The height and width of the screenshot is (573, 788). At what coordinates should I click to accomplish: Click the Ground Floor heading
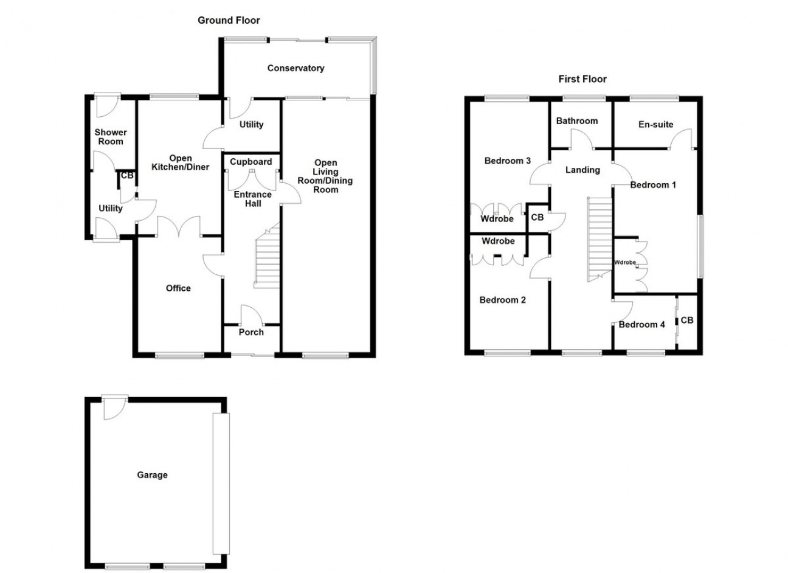pyautogui.click(x=229, y=21)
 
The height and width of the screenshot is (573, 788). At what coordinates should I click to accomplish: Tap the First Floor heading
pyautogui.click(x=582, y=79)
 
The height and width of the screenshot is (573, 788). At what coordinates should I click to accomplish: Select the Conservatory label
pyautogui.click(x=296, y=68)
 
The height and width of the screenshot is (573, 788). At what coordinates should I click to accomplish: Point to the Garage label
pyautogui.click(x=152, y=475)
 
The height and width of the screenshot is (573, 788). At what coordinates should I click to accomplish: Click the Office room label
pyautogui.click(x=178, y=288)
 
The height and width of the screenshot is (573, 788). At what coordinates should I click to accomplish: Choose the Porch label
pyautogui.click(x=251, y=332)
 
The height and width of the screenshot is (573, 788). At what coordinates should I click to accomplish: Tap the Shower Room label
pyautogui.click(x=111, y=137)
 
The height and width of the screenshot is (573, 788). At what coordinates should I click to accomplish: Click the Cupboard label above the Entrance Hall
pyautogui.click(x=251, y=162)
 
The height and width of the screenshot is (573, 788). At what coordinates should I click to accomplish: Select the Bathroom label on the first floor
pyautogui.click(x=577, y=121)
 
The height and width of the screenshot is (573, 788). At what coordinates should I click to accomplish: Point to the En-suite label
pyautogui.click(x=655, y=124)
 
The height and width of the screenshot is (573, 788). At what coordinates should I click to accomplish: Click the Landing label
pyautogui.click(x=582, y=170)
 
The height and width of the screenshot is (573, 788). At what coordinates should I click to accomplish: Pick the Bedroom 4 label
pyautogui.click(x=641, y=324)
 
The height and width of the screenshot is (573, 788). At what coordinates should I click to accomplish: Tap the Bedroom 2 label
pyautogui.click(x=502, y=300)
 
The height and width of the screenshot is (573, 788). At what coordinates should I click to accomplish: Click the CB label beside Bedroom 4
pyautogui.click(x=687, y=321)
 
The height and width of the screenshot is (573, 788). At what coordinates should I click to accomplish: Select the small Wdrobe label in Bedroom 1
pyautogui.click(x=625, y=262)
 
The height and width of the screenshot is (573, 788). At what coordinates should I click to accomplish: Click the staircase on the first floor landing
pyautogui.click(x=600, y=239)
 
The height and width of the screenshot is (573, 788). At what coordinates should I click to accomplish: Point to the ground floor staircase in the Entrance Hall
pyautogui.click(x=268, y=256)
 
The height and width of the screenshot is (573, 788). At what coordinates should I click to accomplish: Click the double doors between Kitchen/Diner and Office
pyautogui.click(x=179, y=226)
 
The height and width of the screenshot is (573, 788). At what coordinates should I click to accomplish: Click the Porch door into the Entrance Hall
pyautogui.click(x=252, y=315)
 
